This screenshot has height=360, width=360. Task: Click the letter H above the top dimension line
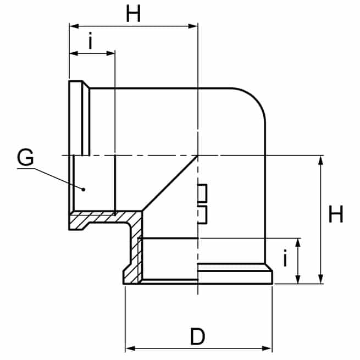tap(133, 14)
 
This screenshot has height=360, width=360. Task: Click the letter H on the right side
tap(336, 214)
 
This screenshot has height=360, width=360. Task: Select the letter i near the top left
tap(91, 41)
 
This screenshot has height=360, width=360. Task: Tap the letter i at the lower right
tap(285, 258)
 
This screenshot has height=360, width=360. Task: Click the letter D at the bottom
tap(197, 336)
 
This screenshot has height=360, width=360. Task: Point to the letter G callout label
tap(25, 157)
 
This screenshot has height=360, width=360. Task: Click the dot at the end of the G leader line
tap(84, 190)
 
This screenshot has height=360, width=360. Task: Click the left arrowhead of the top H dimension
tap(74, 26)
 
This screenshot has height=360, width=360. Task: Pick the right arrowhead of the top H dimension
tap(193, 26)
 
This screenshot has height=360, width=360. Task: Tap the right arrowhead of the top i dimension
tap(110, 53)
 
